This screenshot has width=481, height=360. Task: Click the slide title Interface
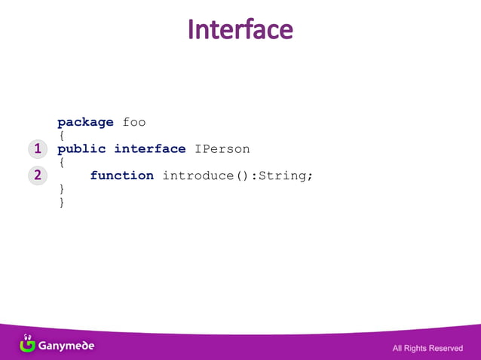tap(240, 29)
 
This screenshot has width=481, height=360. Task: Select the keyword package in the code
tap(85, 122)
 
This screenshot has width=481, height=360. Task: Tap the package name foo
tap(133, 122)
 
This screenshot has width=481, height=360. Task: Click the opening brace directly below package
tap(61, 136)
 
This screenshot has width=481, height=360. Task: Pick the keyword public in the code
tap(81, 149)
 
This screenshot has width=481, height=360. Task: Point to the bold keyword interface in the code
tap(149, 149)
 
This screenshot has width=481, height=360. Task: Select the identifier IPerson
tap(222, 149)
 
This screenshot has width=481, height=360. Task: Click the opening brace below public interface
tap(61, 162)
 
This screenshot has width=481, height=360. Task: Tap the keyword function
tap(121, 175)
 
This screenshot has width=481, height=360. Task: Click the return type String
tap(282, 175)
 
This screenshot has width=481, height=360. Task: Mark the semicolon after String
tap(309, 176)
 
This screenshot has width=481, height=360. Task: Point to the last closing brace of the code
tap(61, 202)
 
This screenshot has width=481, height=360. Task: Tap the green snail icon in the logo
tap(28, 344)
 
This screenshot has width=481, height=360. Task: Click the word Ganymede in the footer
tap(66, 346)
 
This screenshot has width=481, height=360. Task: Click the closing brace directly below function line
tap(61, 188)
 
